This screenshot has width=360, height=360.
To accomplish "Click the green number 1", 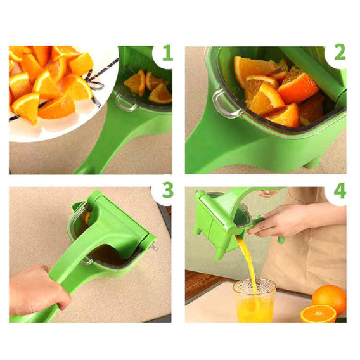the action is (x=167, y=53).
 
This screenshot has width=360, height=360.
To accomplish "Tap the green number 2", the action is (x=340, y=52).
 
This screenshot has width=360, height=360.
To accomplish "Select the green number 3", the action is (x=168, y=190).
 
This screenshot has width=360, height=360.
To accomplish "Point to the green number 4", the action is (x=340, y=190).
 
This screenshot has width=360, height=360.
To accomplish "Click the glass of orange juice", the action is (x=254, y=301).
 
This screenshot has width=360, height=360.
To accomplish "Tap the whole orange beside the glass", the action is (x=329, y=297).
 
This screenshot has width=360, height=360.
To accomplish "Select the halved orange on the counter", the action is (x=318, y=314).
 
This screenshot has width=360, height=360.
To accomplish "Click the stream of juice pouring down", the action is (x=248, y=264).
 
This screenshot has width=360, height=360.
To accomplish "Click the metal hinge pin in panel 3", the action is (x=154, y=246).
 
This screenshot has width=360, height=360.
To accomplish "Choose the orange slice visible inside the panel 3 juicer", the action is (x=87, y=218).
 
